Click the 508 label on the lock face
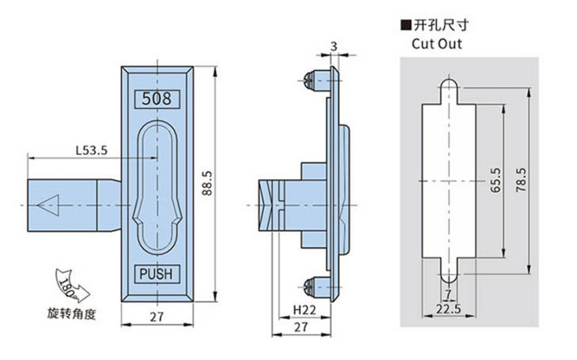pos(157,98)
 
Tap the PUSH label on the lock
pos(157,274)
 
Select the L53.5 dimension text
pos(91,151)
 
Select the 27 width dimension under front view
pos(157,317)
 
